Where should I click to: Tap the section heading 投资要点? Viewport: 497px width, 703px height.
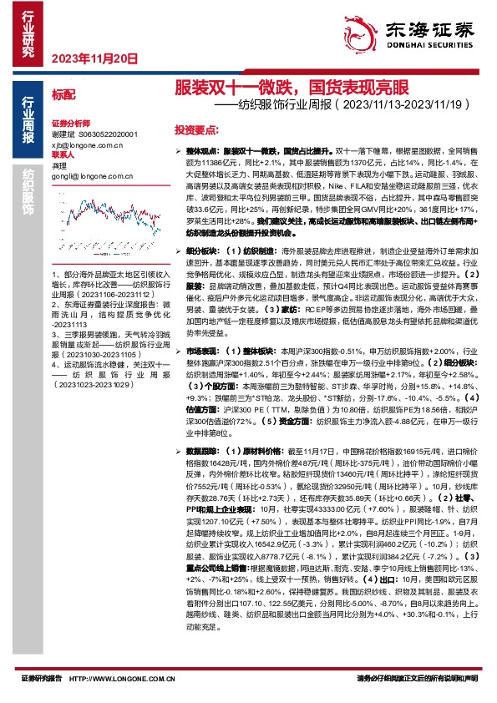(x=196, y=132)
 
